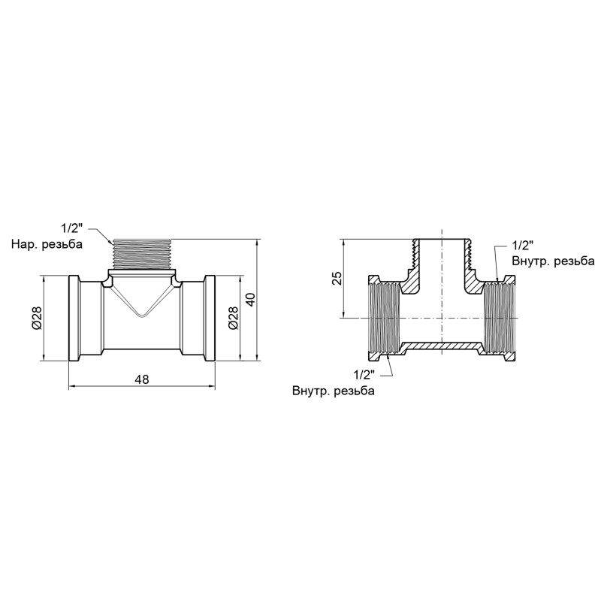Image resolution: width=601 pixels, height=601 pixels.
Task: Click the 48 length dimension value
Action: (142, 379)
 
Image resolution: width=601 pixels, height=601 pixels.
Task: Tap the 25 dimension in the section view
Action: (337, 278)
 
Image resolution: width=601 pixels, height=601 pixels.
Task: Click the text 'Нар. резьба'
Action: (46, 244)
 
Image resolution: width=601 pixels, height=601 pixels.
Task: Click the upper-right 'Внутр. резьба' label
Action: (553, 261)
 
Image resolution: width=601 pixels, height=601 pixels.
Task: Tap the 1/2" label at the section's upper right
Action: (522, 246)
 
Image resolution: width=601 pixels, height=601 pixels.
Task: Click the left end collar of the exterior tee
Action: (75, 319)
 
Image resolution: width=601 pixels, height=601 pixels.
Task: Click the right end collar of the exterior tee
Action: (210, 319)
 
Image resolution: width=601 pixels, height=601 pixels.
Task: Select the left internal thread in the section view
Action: (385, 319)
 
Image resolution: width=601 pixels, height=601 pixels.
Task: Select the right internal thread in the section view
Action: (496, 319)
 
